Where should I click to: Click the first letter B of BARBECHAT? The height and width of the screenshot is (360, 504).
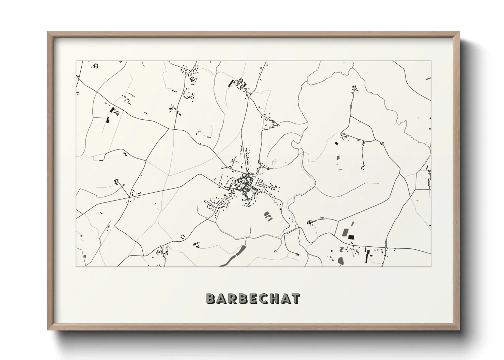tap(211, 298)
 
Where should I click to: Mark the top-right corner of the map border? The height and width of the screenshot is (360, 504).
tap(431, 61)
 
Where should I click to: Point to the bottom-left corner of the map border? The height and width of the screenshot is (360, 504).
tap(76, 266)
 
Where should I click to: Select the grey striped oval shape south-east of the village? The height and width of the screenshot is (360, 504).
tap(268, 216)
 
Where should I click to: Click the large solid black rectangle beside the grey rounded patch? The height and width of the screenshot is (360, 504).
tap(351, 237)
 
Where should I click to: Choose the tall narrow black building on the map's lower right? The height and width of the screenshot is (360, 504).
tap(367, 255)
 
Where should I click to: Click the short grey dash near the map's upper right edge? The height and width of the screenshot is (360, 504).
tap(428, 79)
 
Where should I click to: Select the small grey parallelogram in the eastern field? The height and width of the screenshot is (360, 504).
tap(338, 158)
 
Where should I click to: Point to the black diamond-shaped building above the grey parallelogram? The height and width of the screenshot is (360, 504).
tap(337, 144)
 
